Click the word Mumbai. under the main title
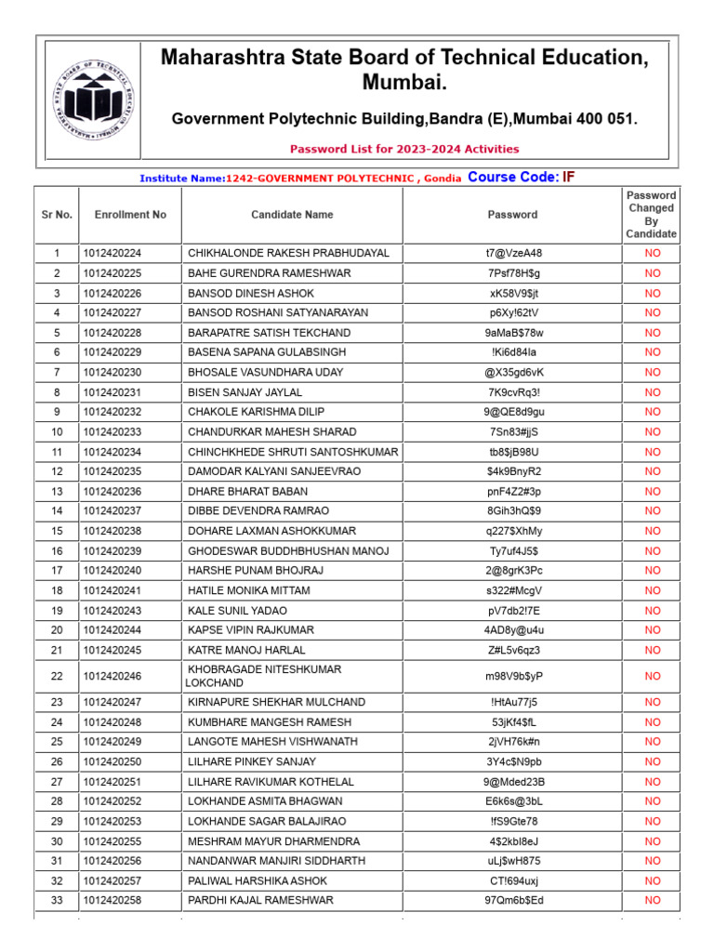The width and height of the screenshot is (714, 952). click(404, 85)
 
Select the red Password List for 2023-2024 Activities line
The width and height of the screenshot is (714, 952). click(404, 149)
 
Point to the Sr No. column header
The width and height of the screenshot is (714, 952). click(57, 215)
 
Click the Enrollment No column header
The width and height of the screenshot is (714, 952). click(130, 215)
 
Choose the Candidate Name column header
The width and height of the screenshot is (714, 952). click(292, 215)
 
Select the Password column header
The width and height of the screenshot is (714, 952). click(512, 215)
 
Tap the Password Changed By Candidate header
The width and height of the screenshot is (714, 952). click(651, 215)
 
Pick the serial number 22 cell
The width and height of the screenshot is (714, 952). click(57, 676)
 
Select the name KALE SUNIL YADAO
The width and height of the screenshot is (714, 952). click(237, 611)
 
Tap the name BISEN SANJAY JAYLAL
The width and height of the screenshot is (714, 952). click(246, 392)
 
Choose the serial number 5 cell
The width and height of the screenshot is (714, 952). click(57, 333)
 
